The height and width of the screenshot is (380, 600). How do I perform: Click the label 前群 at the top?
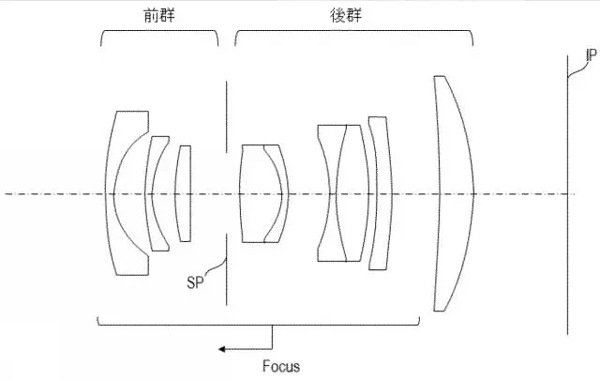(x=159, y=15)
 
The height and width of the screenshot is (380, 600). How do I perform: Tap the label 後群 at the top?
(x=346, y=15)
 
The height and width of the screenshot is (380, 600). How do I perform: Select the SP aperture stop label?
(x=195, y=282)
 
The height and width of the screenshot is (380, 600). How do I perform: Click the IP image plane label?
(x=592, y=55)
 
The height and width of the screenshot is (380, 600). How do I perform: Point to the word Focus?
(x=281, y=367)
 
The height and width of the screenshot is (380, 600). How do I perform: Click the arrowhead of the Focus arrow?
(x=221, y=349)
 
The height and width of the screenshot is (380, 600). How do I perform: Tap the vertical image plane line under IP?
(x=567, y=195)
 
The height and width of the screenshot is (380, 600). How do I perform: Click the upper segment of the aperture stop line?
(x=226, y=117)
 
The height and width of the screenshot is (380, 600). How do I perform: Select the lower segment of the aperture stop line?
(x=226, y=270)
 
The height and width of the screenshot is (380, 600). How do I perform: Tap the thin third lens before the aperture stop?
(x=183, y=193)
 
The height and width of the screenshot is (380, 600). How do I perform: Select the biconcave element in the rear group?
(x=333, y=193)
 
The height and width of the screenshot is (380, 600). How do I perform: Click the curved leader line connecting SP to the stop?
(x=217, y=266)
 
